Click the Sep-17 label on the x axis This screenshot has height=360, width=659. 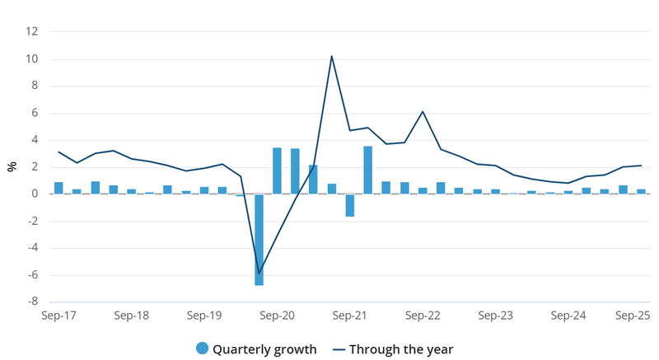(58, 316)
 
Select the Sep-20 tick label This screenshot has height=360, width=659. (278, 316)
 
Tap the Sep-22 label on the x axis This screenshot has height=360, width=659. (423, 316)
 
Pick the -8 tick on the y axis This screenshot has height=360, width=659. (33, 302)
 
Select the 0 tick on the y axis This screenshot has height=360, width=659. (35, 194)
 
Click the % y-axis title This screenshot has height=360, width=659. (12, 166)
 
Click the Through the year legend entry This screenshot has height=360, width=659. (400, 348)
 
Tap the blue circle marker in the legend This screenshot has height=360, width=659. (203, 348)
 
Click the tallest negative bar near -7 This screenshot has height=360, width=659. (259, 240)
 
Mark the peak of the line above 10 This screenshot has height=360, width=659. (331, 56)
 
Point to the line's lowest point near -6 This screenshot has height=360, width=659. (259, 274)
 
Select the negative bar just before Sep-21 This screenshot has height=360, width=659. (350, 205)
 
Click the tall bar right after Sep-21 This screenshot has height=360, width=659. (368, 171)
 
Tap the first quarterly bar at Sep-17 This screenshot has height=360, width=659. (58, 188)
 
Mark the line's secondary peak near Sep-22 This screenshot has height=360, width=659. (423, 111)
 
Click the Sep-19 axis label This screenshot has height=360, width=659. (204, 316)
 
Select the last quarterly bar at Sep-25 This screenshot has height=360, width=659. (641, 191)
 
